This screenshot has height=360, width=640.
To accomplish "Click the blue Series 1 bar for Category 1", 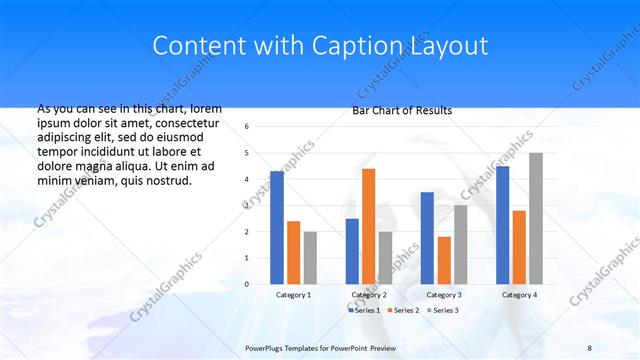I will pyautogui.click(x=277, y=228).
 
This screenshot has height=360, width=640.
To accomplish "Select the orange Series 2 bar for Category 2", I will pyautogui.click(x=368, y=226).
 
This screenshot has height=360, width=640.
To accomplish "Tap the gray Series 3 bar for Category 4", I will pyautogui.click(x=536, y=218).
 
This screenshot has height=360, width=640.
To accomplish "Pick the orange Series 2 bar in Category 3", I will pyautogui.click(x=444, y=260).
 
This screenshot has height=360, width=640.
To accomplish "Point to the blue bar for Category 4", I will pyautogui.click(x=502, y=225).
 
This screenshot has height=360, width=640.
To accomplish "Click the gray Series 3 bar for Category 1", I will pyautogui.click(x=310, y=258).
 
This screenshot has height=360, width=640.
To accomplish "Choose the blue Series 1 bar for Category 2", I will pyautogui.click(x=352, y=251).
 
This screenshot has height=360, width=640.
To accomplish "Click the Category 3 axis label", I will pyautogui.click(x=444, y=295).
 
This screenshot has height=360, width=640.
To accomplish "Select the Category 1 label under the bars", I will pyautogui.click(x=294, y=295).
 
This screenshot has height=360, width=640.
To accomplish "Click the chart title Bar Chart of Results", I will pyautogui.click(x=402, y=110).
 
